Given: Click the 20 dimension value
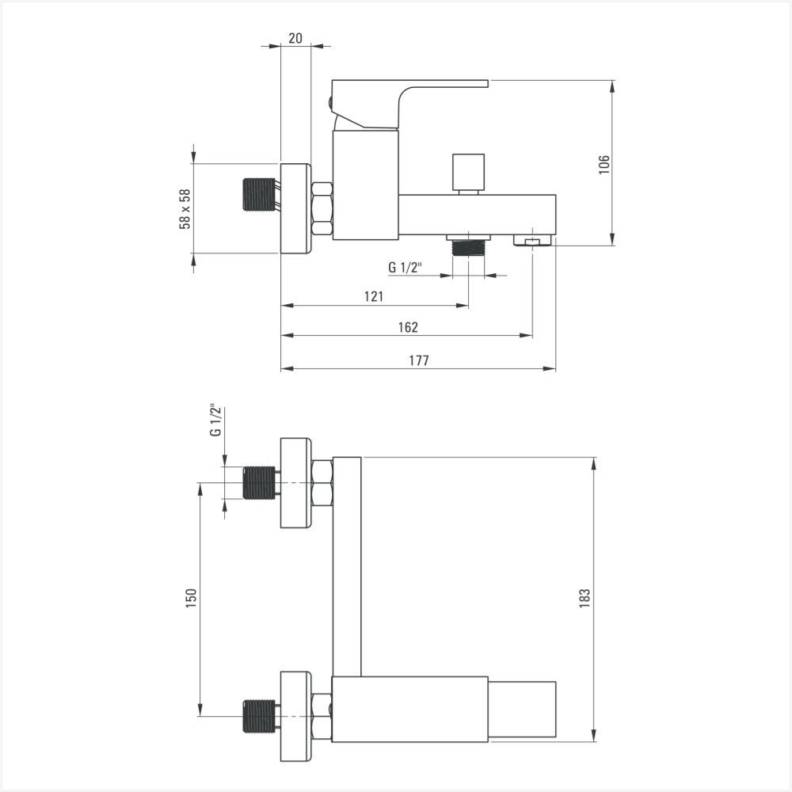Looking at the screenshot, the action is coord(295,38).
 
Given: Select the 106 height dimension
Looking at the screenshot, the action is coord(604,165).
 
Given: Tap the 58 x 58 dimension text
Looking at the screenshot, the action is coord(185,208).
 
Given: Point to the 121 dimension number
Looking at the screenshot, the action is coord(374,296).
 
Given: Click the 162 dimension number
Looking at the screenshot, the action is coord(408,327).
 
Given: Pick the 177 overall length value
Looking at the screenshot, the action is coord(419,360).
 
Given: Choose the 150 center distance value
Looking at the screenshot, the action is coord(191,598).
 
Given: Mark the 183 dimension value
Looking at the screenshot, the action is coord(584,598).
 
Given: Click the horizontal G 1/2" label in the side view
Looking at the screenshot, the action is coord(405,267).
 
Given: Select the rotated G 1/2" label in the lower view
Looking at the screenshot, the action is coord(215,421).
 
